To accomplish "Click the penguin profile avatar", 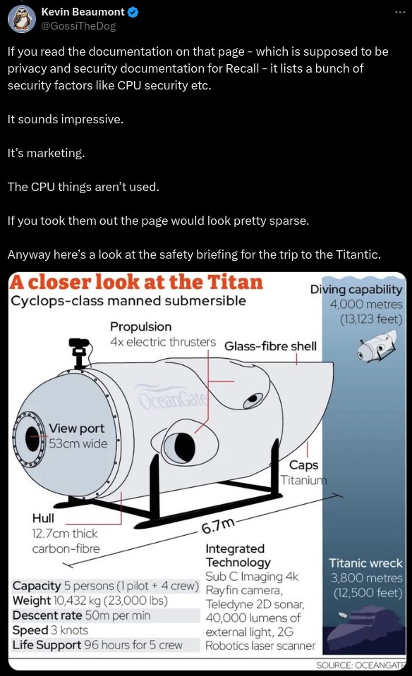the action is pos(22,19).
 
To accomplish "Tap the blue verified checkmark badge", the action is pos(133,12).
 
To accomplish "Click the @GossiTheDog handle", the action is pos(78,26).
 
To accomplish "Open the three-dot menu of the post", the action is pos(400,12).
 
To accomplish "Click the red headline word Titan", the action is pos(235,281).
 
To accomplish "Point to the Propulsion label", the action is pos(140,326).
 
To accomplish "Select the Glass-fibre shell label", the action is pos(270,346).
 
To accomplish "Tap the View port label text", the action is pos(76,428).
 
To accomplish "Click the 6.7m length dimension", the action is pos(218,526).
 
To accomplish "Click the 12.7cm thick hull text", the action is pos(65,534).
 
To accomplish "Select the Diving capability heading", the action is pos(356,289).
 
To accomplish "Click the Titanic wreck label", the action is pos(365,563).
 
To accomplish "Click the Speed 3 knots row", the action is pos(50,630).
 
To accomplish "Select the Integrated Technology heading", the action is pos(238,555).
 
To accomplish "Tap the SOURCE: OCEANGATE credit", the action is pos(360,665).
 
